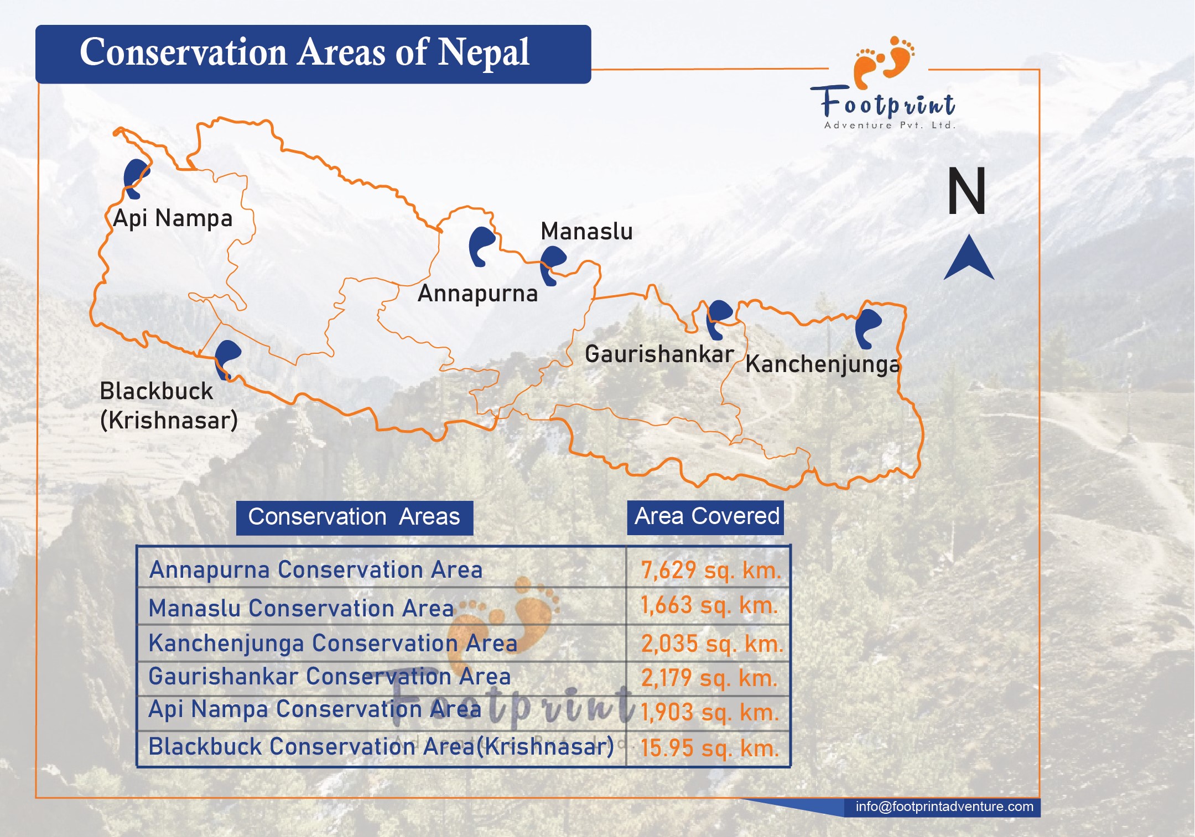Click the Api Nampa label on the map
[x=173, y=218]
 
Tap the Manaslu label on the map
[x=586, y=231]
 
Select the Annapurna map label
[x=477, y=294]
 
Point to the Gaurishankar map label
[x=659, y=354]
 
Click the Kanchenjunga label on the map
[x=823, y=364]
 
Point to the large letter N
[x=967, y=191]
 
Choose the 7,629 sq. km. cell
[x=710, y=570]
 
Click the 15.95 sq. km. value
[x=710, y=748]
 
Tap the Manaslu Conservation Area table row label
[x=301, y=608]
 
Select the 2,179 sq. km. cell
[x=709, y=678]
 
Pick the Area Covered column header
[x=706, y=517]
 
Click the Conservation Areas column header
[x=354, y=517]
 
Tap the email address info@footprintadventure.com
[x=944, y=807]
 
